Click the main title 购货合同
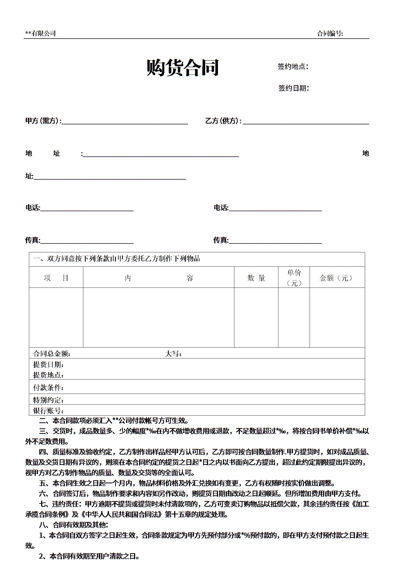click(x=183, y=68)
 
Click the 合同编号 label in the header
click(x=330, y=33)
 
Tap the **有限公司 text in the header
click(x=40, y=33)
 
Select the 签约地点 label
click(x=293, y=66)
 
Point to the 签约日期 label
click(x=293, y=88)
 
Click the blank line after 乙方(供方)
click(x=306, y=121)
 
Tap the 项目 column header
click(x=56, y=278)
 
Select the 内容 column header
click(x=158, y=278)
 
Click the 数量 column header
click(x=256, y=278)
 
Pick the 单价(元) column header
click(x=294, y=278)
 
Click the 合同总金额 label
click(x=52, y=354)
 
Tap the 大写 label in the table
click(x=173, y=354)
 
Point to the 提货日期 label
click(x=48, y=364)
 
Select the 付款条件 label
click(x=48, y=388)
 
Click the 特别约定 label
click(x=48, y=400)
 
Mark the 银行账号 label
click(x=48, y=411)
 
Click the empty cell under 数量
click(x=256, y=317)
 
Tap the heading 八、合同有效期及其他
click(x=74, y=525)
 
